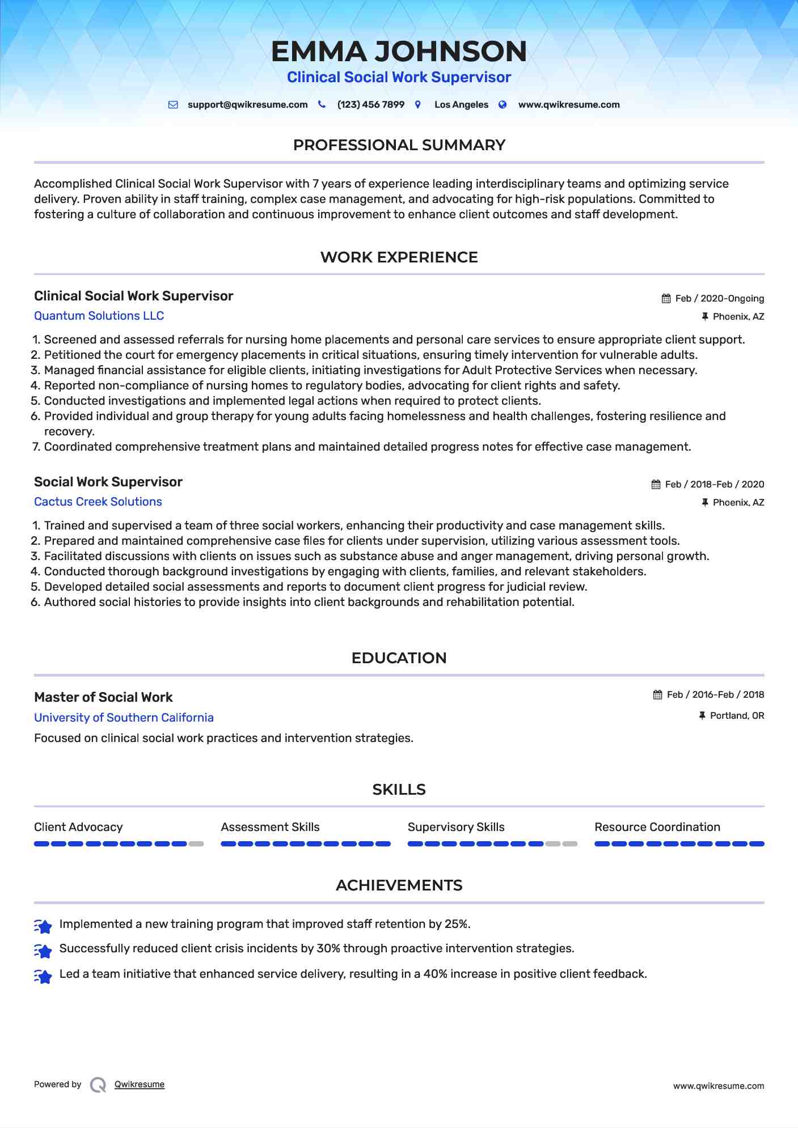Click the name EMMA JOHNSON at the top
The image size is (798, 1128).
coord(399,51)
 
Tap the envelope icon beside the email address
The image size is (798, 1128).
coord(173,105)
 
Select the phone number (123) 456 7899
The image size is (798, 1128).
coord(370,105)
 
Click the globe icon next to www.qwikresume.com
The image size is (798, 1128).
coord(503,105)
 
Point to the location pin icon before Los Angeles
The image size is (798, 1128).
coord(418,105)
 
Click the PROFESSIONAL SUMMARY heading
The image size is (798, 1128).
coord(399,145)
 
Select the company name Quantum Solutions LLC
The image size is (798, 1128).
coord(99,316)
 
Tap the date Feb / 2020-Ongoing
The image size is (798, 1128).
coord(719,299)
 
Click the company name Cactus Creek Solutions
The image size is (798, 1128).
coord(98,502)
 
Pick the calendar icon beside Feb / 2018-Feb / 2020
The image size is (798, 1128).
coord(656,485)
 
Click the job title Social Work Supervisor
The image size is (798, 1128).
coord(108,482)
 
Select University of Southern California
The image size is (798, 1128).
coord(124,718)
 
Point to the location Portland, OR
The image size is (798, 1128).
coord(737,716)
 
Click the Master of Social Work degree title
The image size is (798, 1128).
coord(103,697)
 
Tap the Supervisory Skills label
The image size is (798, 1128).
coord(455,827)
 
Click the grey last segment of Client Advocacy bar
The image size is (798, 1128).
coord(196,844)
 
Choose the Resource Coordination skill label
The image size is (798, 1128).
coord(657,827)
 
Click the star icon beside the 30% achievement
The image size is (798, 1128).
coord(43,951)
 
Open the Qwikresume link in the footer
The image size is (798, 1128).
coord(139,1084)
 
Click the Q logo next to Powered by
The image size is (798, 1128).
coord(98,1085)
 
